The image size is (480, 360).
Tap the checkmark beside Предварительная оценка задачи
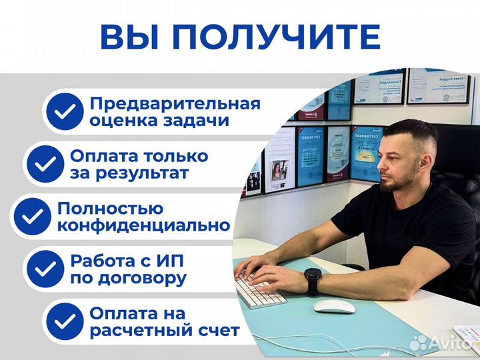[66, 113]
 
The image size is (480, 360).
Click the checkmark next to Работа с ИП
[47, 269]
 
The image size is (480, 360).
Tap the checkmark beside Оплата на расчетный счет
[66, 321]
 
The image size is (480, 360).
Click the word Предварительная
[175, 104]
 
